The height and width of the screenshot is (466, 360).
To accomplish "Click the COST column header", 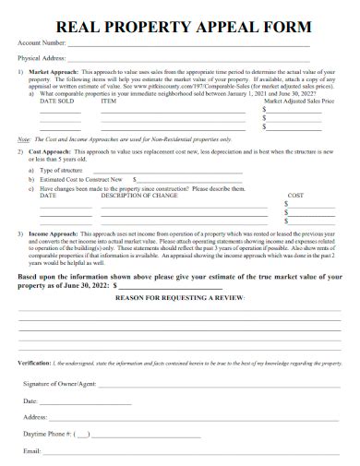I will tap(295, 196).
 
